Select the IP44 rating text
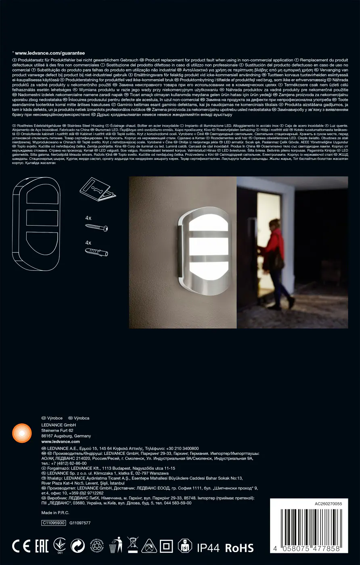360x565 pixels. [x=208, y=548]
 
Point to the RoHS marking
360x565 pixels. [x=239, y=548]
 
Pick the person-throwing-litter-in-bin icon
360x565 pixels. [x=116, y=545]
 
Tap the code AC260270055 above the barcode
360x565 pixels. [x=328, y=504]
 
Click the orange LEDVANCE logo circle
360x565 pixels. [x=22, y=433]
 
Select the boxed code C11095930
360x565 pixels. [x=53, y=523]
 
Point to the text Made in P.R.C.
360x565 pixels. [x=54, y=513]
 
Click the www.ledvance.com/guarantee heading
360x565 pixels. [x=50, y=53]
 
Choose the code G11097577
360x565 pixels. [x=80, y=523]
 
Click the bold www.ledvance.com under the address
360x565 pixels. [x=55, y=442]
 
